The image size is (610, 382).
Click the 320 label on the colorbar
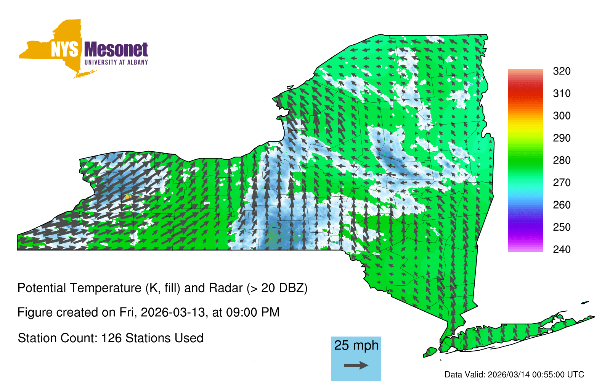click(562, 71)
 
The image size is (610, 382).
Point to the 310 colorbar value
click(562, 94)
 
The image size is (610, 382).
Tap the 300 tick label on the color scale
click(562, 116)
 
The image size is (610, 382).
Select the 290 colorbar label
click(562, 138)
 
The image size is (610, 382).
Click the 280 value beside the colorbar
click(562, 160)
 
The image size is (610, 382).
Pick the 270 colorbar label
click(562, 183)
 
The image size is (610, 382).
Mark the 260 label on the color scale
click(562, 205)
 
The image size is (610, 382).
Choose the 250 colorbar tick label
click(562, 227)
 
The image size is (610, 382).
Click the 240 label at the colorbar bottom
click(562, 249)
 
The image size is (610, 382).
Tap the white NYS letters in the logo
click(64, 50)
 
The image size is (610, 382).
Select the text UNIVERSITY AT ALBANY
click(116, 62)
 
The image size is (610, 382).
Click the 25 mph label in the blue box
click(356, 345)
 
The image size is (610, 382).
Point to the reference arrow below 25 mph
click(356, 365)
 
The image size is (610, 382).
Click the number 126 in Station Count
click(111, 338)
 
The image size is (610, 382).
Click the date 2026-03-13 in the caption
click(173, 312)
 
